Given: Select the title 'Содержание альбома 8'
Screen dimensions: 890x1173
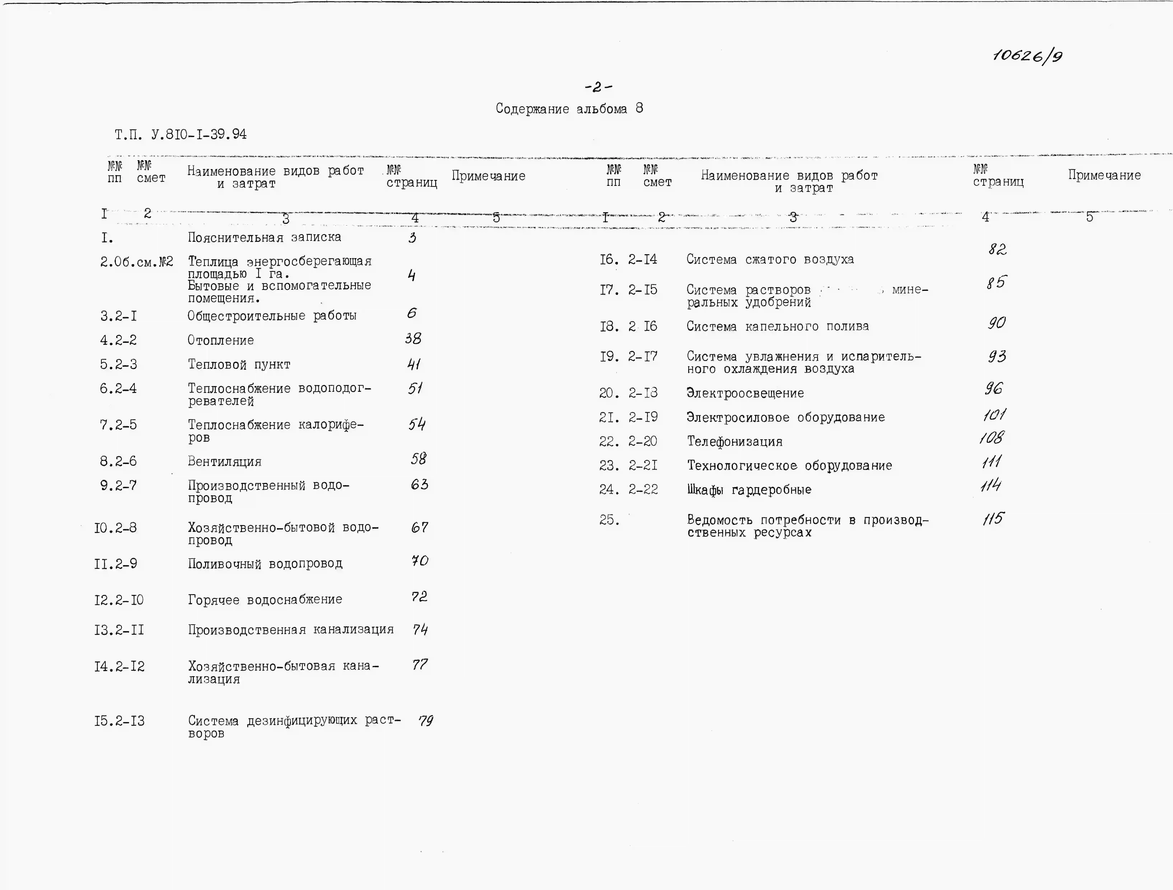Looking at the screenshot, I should [569, 109].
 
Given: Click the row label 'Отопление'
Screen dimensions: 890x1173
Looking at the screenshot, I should [221, 340].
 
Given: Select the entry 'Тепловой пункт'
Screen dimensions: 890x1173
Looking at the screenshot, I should [239, 365].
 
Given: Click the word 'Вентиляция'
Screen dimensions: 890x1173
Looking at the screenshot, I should [224, 462].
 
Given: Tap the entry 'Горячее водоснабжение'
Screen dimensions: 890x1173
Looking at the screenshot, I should [265, 600].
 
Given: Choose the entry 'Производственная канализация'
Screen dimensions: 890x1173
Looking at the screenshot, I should [291, 630].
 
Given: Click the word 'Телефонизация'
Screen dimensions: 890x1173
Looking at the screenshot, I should [734, 442].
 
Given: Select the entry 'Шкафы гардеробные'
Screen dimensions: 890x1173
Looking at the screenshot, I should [749, 490].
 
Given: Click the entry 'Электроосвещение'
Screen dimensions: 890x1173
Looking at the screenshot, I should [745, 393].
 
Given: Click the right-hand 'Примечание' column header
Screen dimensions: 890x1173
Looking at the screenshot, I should [1104, 175].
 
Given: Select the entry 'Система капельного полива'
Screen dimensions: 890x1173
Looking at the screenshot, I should [777, 327].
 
